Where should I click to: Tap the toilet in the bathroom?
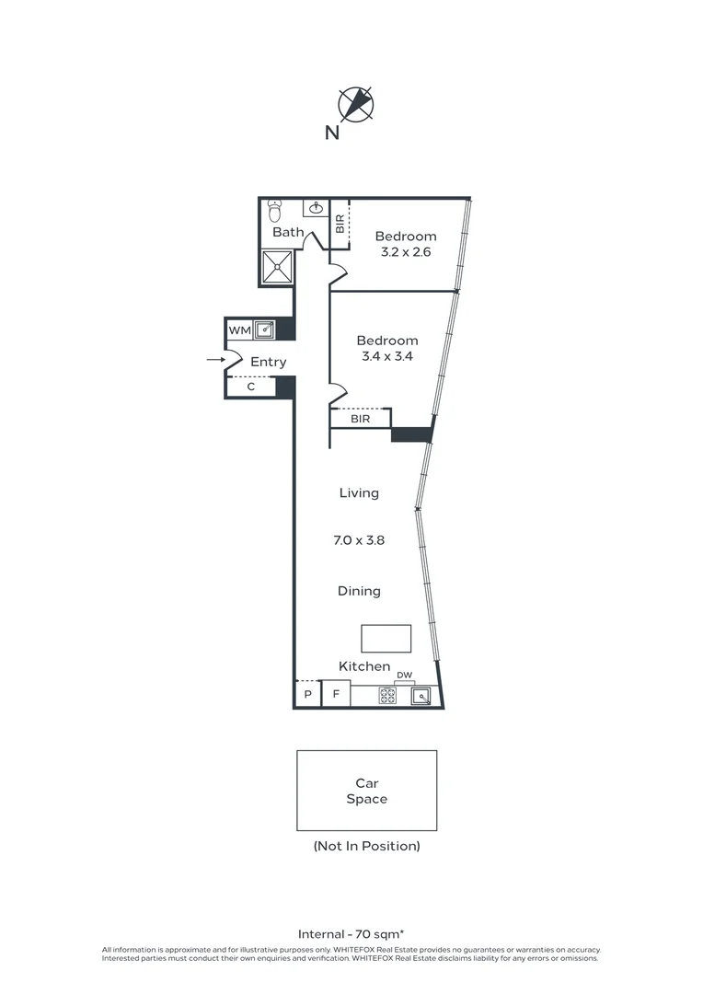coord(273,212)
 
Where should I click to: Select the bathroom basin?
coord(316,209)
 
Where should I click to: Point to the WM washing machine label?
coord(238,329)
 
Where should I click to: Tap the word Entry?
coord(268,362)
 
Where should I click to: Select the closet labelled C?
coord(250,387)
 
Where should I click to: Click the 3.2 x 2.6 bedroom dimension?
coord(405,251)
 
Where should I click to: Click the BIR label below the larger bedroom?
coord(361,419)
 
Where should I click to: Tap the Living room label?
coord(359,492)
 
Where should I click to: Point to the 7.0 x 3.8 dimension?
coord(359,540)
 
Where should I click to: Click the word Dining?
coord(359,591)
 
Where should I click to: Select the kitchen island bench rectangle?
coord(386,638)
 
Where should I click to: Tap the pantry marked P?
coord(307,695)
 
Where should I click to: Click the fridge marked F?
coord(335,695)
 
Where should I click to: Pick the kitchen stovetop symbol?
coord(387,696)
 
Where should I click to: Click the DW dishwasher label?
coord(404,676)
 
